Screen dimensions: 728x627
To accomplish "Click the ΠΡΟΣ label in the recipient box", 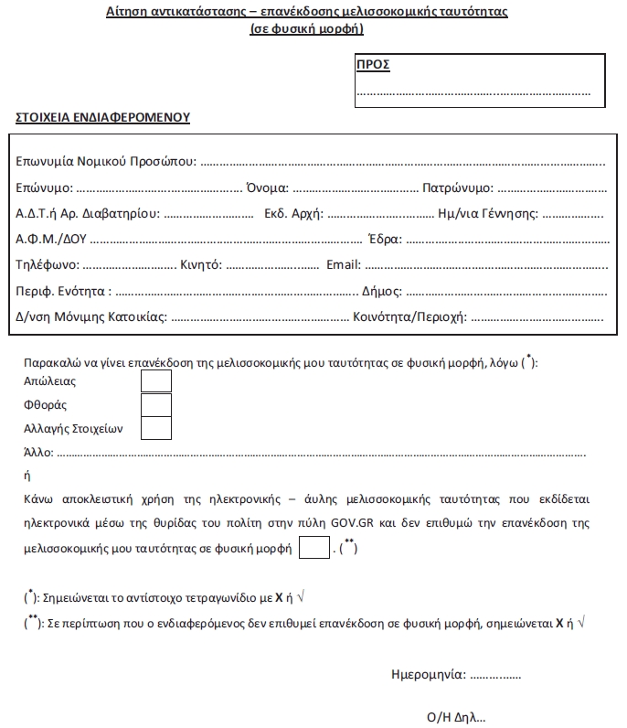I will (372, 65).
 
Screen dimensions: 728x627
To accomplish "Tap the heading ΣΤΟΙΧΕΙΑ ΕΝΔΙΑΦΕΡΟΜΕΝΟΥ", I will (102, 118).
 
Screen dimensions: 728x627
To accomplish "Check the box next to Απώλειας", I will (156, 380).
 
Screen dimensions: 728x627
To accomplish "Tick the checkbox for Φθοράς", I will (156, 404).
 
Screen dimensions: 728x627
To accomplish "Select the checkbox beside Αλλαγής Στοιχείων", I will (156, 427).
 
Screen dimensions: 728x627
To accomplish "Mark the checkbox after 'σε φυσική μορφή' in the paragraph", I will (313, 549).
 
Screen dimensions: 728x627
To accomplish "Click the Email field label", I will (344, 265).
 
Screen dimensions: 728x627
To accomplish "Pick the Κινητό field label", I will (201, 265).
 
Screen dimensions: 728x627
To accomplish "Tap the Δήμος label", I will (382, 292).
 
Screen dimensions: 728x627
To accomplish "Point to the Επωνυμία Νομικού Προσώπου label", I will (106, 162).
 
